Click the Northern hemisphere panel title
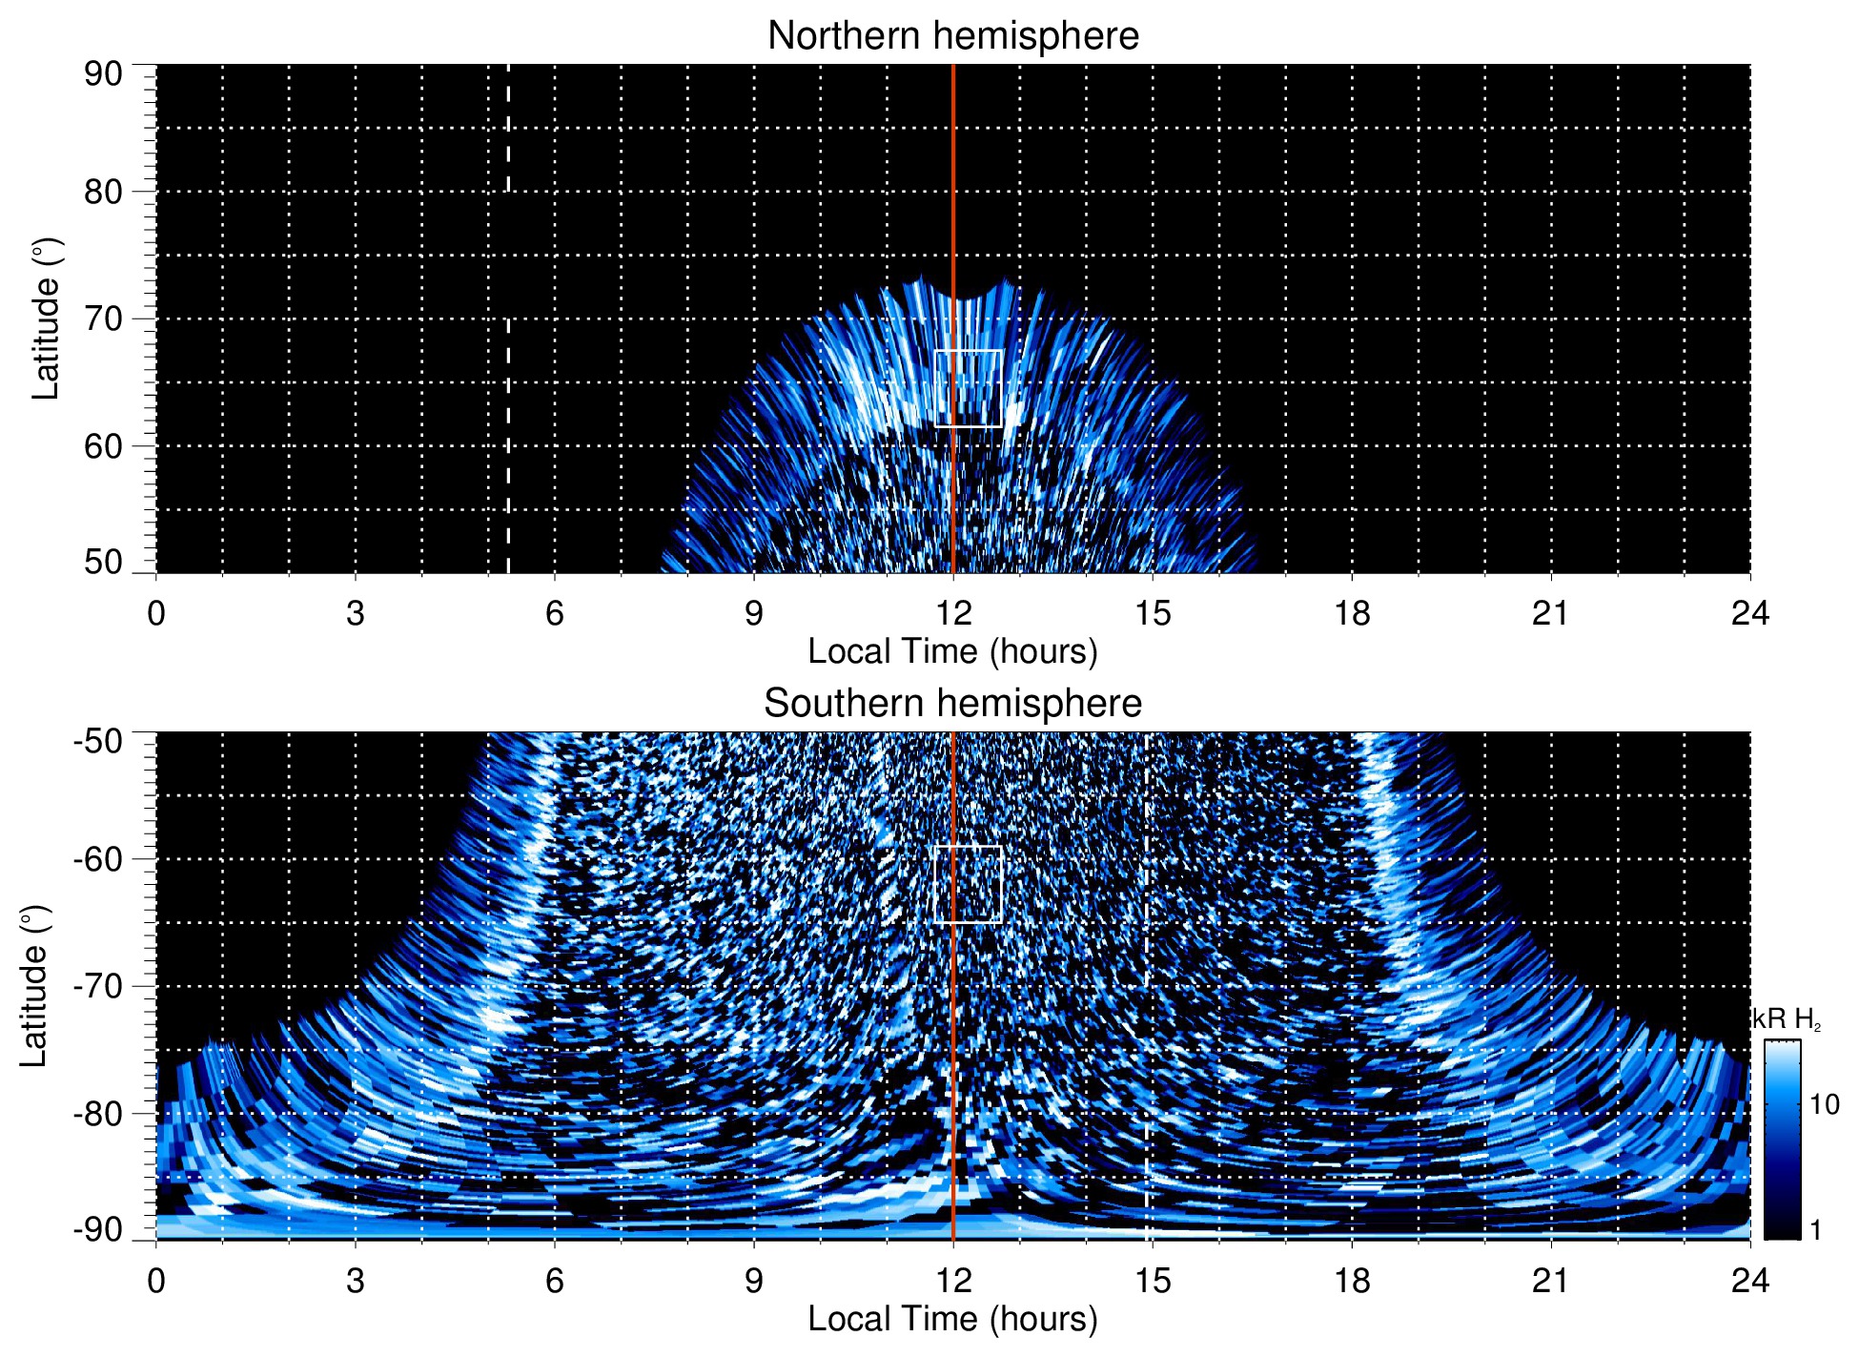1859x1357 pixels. [x=952, y=36]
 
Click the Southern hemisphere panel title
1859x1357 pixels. [x=952, y=704]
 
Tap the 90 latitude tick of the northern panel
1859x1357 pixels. [x=103, y=74]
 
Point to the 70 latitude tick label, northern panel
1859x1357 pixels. [x=103, y=319]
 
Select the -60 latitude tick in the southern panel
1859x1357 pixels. [x=98, y=859]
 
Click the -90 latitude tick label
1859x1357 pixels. [x=98, y=1230]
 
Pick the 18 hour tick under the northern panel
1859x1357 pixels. [x=1351, y=613]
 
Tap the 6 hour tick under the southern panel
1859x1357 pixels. [x=554, y=1281]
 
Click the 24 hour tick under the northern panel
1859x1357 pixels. [x=1749, y=613]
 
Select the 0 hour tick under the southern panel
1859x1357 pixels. [x=156, y=1281]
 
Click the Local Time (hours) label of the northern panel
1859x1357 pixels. [x=952, y=652]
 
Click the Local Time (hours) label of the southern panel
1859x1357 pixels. [x=952, y=1320]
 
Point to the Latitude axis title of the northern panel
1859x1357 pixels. [x=46, y=319]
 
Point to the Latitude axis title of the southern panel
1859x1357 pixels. [x=34, y=986]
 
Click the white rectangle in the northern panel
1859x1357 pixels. [x=968, y=389]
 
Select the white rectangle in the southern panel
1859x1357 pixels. [x=968, y=884]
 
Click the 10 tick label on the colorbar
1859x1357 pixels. [x=1824, y=1105]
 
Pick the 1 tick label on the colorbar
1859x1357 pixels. [x=1815, y=1230]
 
